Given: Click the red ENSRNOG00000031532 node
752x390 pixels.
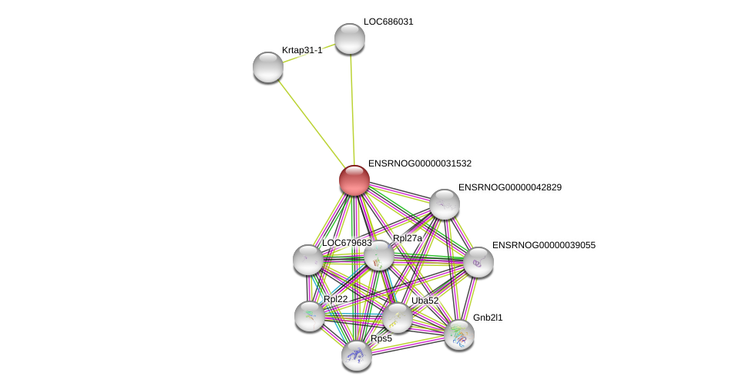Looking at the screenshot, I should pyautogui.click(x=354, y=180).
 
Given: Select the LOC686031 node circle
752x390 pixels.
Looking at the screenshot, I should pyautogui.click(x=349, y=39).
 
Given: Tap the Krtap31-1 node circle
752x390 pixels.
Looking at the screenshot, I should pyautogui.click(x=268, y=67).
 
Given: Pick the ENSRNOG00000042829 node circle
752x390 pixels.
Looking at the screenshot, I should pyautogui.click(x=445, y=204).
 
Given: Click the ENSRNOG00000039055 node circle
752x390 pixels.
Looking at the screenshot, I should pyautogui.click(x=478, y=262).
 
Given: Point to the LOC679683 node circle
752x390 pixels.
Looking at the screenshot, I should pyautogui.click(x=308, y=260).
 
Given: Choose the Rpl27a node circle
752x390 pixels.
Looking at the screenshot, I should pyautogui.click(x=378, y=255).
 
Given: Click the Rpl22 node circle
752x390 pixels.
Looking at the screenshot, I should pyautogui.click(x=310, y=316).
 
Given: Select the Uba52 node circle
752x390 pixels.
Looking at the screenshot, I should pyautogui.click(x=398, y=318).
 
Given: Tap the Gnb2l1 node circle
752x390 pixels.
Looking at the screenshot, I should pyautogui.click(x=459, y=335).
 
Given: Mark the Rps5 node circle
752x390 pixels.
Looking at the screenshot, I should pyautogui.click(x=357, y=355).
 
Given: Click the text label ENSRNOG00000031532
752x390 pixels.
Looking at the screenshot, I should pyautogui.click(x=420, y=163).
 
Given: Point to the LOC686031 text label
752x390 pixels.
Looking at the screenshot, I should pyautogui.click(x=389, y=22).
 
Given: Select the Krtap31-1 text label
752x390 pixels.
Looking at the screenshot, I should pyautogui.click(x=302, y=50).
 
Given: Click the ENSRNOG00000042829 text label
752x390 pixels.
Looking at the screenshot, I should pyautogui.click(x=510, y=187).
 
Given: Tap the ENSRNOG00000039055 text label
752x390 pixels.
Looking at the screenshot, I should pyautogui.click(x=544, y=245).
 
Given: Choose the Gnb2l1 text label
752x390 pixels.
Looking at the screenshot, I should pyautogui.click(x=488, y=318).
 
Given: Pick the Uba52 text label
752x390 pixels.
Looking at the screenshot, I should pyautogui.click(x=425, y=301).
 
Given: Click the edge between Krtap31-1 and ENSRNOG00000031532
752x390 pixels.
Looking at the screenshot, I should pyautogui.click(x=311, y=123).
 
